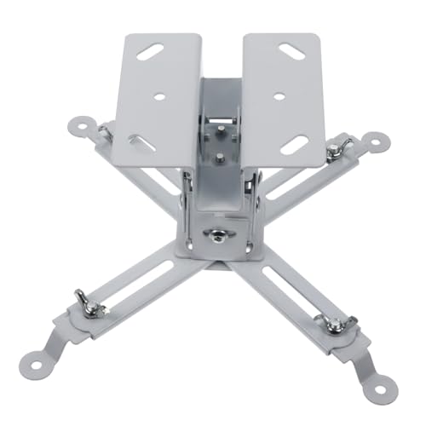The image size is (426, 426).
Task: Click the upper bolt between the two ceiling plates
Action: point(220,128)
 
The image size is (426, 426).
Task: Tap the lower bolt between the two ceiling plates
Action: point(220,157)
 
